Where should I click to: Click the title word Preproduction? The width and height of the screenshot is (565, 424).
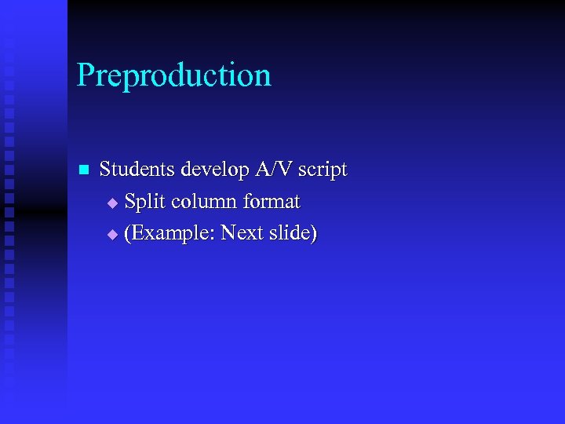(173, 76)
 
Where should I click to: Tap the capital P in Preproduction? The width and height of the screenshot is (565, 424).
(85, 75)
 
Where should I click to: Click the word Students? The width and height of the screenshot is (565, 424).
(137, 169)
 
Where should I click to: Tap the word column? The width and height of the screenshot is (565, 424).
(204, 202)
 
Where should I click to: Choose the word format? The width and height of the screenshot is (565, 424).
(272, 202)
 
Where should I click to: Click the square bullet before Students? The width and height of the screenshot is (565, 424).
(85, 170)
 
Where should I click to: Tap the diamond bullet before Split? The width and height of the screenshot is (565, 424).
(112, 203)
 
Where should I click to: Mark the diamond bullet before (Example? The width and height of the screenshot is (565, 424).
(112, 235)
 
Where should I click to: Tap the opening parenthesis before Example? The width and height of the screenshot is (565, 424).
(128, 234)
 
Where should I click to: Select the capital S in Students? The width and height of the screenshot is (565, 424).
(106, 169)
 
